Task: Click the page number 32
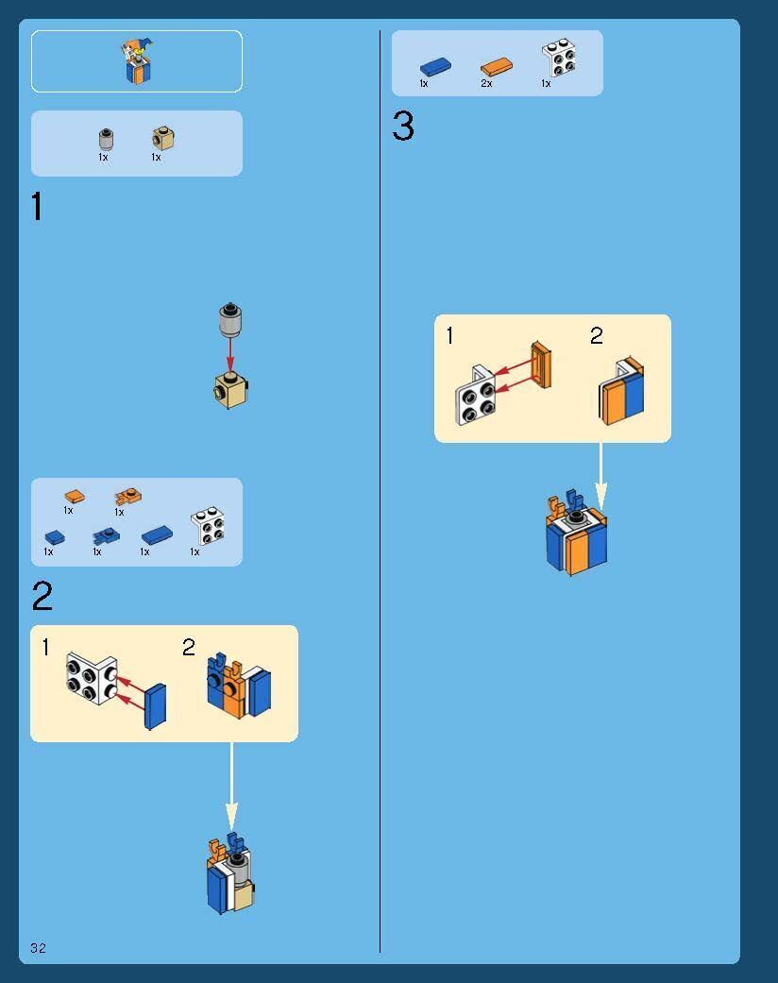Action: [x=39, y=947]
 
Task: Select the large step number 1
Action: [x=37, y=206]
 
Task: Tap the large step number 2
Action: [x=42, y=596]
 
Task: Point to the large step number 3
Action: [x=403, y=126]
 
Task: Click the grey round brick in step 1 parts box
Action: [x=106, y=139]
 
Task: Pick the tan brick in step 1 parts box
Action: [x=163, y=138]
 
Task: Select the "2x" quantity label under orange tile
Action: [x=486, y=83]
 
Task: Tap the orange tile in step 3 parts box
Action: [x=497, y=66]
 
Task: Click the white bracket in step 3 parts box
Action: [x=559, y=59]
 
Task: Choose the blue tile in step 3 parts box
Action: [x=435, y=66]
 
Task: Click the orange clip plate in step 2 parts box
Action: [x=127, y=497]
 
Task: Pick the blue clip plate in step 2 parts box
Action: [x=106, y=536]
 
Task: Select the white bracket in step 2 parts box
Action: [x=208, y=526]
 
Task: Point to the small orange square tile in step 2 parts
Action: [x=75, y=497]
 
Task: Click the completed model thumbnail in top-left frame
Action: [x=137, y=60]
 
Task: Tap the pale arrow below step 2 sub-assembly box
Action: [x=231, y=787]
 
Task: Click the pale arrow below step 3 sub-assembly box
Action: [x=600, y=477]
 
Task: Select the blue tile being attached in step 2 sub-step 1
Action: [x=155, y=706]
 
